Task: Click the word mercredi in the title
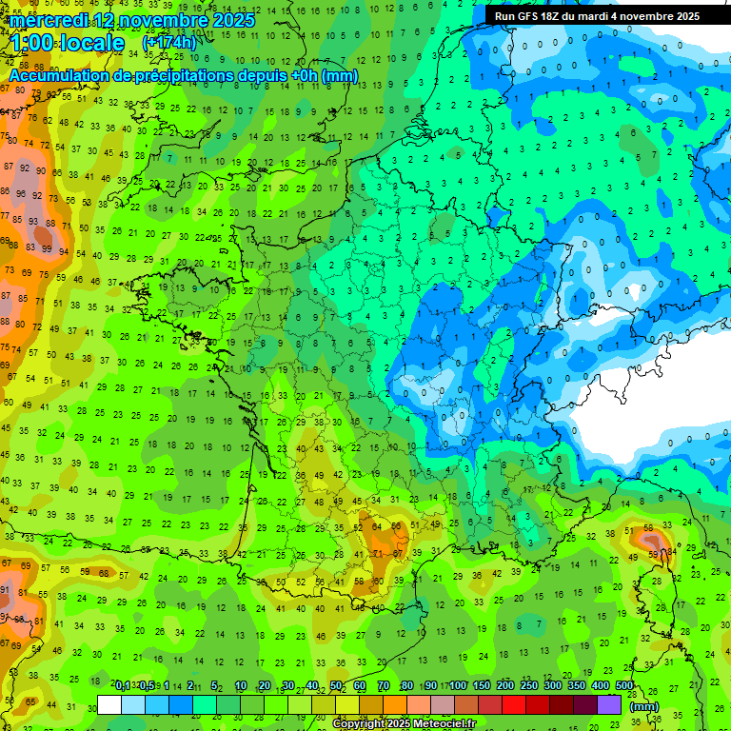49,20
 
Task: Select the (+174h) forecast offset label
168,43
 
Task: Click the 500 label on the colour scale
624,686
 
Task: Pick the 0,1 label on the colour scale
123,686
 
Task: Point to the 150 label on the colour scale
482,686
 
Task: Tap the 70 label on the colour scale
384,686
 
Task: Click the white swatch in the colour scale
109,704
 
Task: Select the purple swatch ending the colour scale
609,704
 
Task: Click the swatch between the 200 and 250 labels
515,704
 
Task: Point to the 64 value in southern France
378,526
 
